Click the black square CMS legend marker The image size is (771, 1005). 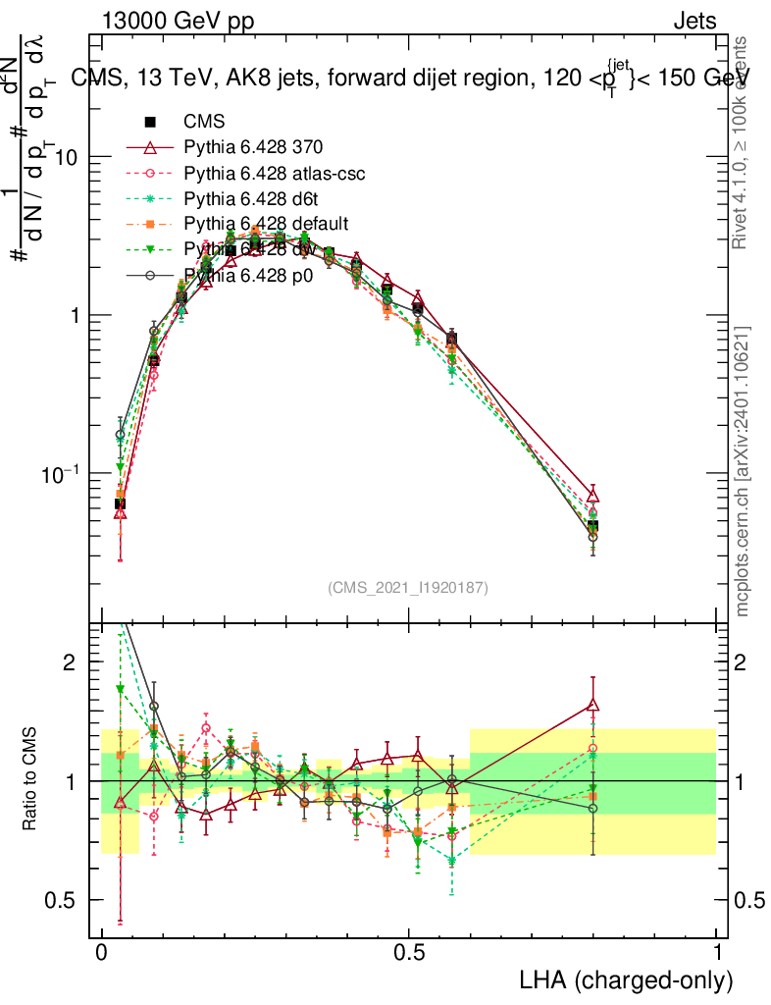pos(150,123)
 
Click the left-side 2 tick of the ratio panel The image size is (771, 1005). pos(69,662)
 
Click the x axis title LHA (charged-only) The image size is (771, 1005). pos(626,980)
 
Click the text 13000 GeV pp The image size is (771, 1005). pos(177,22)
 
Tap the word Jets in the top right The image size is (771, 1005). pos(694,22)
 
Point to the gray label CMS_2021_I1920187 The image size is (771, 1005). pos(407,587)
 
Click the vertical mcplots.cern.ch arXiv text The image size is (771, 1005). pos(743,471)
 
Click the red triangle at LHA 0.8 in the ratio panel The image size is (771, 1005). pos(592,704)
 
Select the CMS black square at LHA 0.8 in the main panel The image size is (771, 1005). pos(592,527)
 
